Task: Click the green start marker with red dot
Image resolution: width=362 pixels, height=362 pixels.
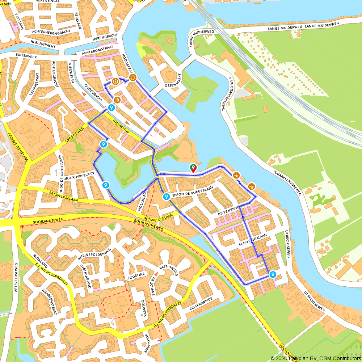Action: [193, 168]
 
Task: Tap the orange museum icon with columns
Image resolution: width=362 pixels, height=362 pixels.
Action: [117, 100]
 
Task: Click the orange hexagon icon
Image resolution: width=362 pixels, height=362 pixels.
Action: [115, 81]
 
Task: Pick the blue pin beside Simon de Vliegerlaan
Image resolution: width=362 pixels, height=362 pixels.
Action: [166, 197]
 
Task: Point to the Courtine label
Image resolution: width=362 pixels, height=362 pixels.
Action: [136, 274]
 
